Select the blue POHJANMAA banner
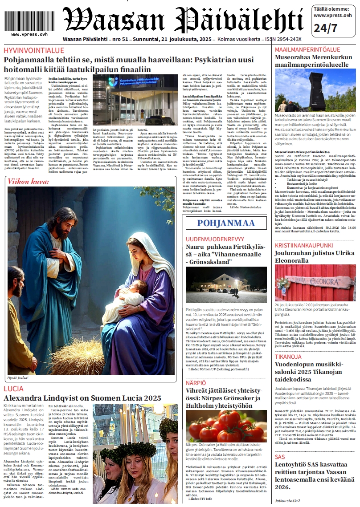coord(226,223)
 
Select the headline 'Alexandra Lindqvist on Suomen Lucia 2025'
coord(82,398)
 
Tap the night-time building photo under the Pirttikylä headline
coord(226,285)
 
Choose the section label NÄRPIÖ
coord(196,382)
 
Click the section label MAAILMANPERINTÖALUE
coord(307,49)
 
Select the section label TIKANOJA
coord(288,357)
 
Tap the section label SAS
coord(279,457)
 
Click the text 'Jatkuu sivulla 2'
coord(287,500)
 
